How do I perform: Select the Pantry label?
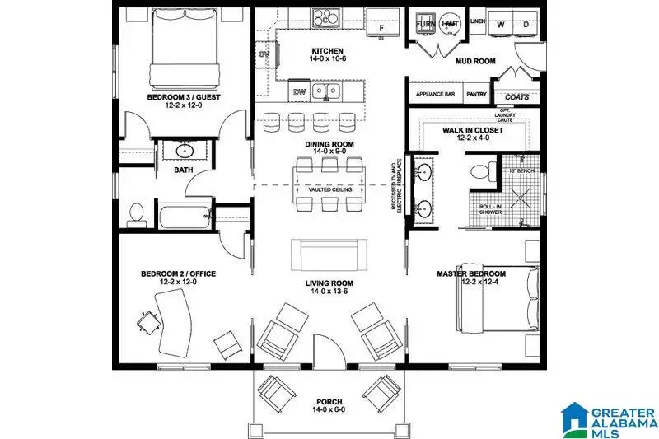click(x=476, y=95)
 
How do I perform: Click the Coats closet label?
click(x=516, y=96)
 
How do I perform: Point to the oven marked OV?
click(x=265, y=55)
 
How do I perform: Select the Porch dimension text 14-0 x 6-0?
click(x=329, y=418)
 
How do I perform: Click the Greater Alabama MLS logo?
click(x=606, y=419)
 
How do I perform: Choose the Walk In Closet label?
click(x=473, y=130)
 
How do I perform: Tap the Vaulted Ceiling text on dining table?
click(x=330, y=190)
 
